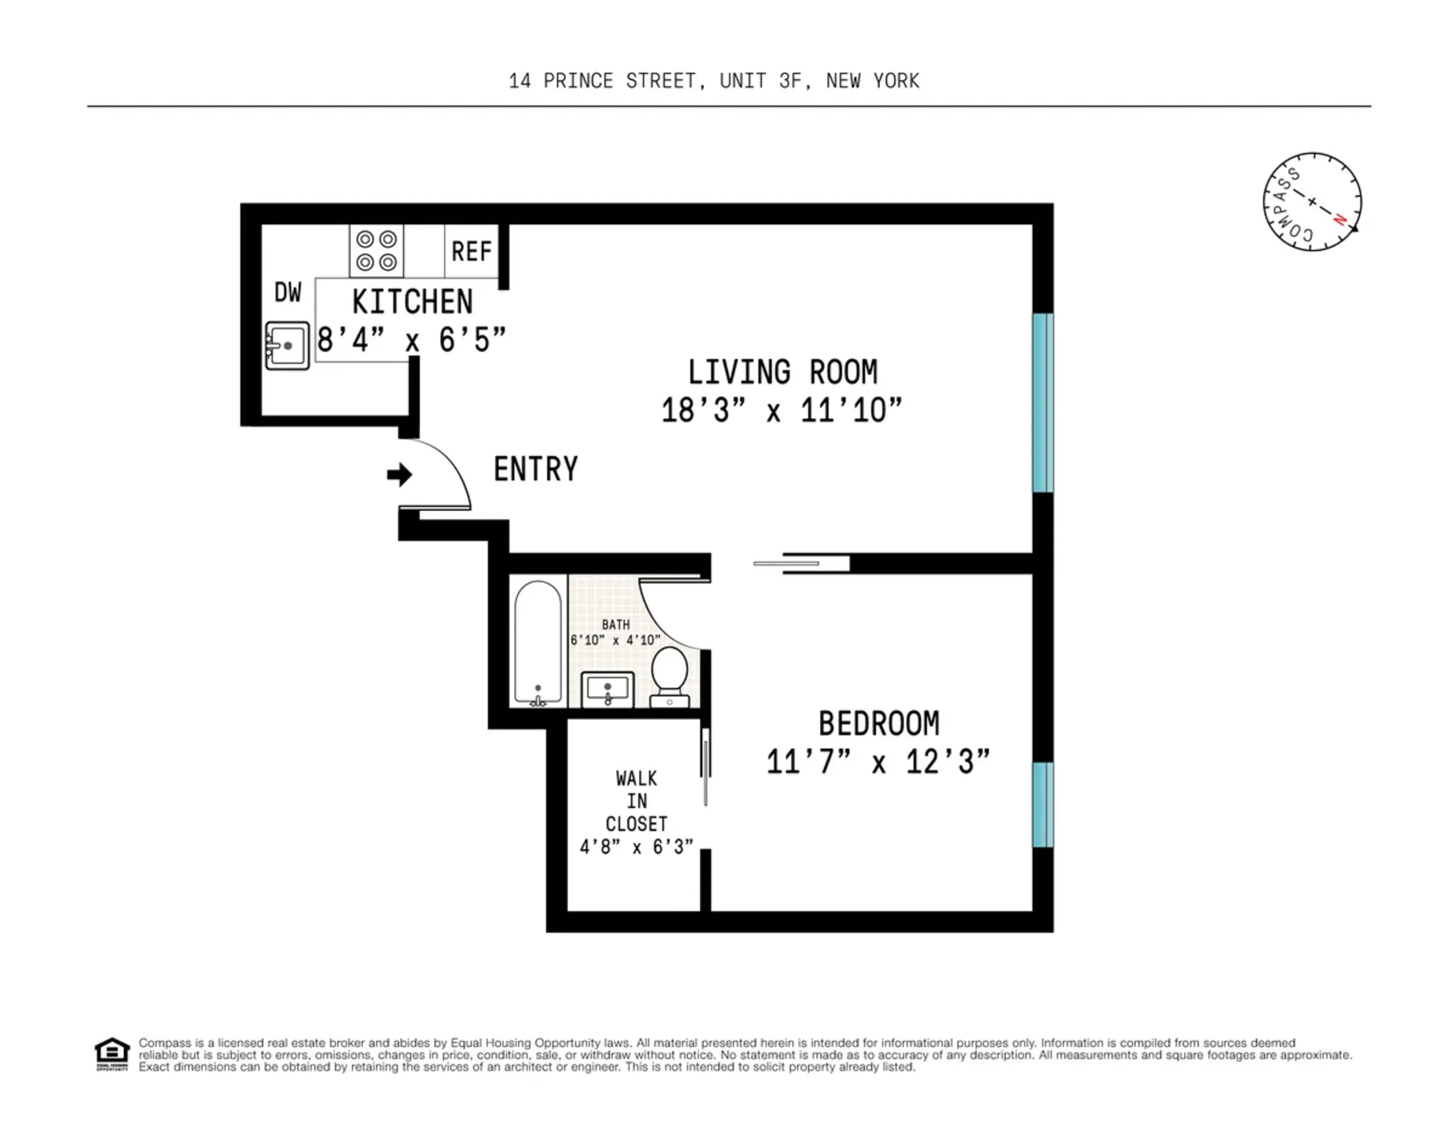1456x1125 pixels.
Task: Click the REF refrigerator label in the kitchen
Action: [471, 251]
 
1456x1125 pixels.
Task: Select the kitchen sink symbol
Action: [287, 345]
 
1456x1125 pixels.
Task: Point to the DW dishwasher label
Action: [288, 292]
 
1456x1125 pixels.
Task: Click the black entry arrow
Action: [399, 475]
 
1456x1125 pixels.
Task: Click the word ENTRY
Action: [535, 469]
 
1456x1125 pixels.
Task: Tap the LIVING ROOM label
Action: [782, 372]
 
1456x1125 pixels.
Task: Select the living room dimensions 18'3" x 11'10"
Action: [781, 410]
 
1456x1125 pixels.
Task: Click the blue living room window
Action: [1043, 402]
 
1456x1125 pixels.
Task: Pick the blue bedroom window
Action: [1043, 804]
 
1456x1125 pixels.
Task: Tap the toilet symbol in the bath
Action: [669, 675]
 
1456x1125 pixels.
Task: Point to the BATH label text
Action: [615, 624]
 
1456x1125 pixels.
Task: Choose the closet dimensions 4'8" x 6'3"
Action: [636, 847]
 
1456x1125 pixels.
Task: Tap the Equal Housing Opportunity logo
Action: [111, 1054]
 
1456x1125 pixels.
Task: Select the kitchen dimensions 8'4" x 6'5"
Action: [411, 340]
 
